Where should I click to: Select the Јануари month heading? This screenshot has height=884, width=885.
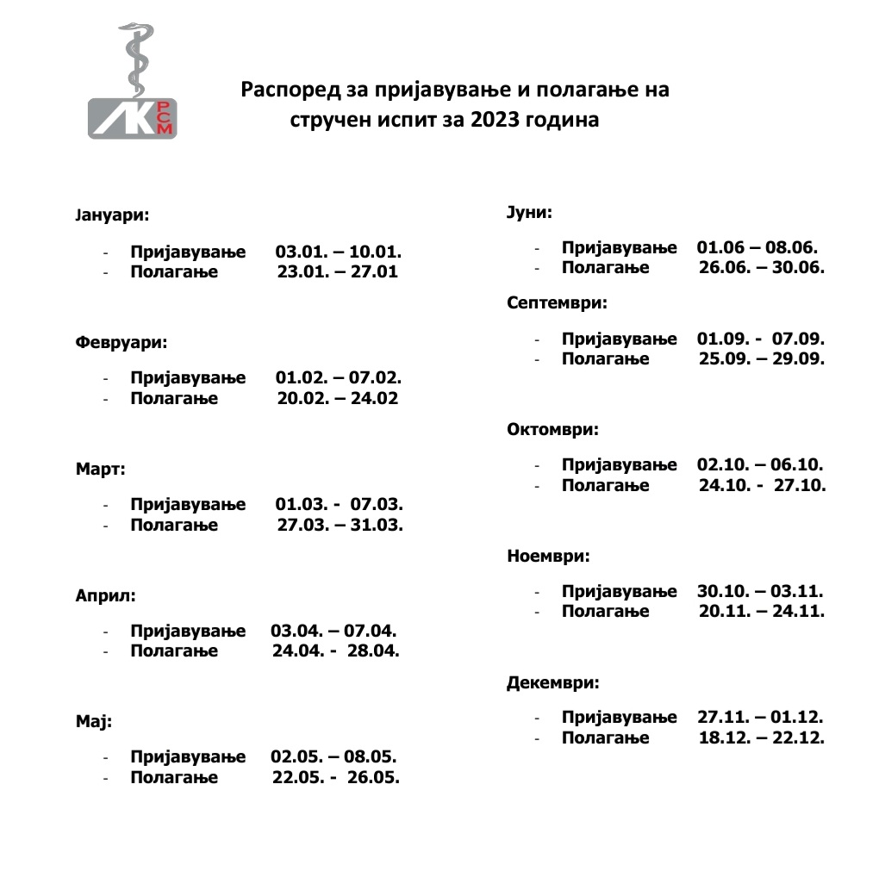point(112,213)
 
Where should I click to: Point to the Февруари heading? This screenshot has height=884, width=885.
point(121,341)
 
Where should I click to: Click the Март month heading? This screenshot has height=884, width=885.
point(100,470)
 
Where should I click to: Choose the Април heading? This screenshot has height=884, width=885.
point(106,595)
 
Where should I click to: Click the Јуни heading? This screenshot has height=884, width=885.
point(529,211)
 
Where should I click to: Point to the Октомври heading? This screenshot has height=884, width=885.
point(552,429)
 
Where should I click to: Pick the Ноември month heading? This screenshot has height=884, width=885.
point(549,556)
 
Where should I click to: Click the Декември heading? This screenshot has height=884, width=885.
point(552,683)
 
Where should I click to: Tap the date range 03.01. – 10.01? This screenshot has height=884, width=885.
point(339,253)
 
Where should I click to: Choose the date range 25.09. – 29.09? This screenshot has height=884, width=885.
point(761,358)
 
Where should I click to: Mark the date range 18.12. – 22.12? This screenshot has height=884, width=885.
point(761,738)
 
